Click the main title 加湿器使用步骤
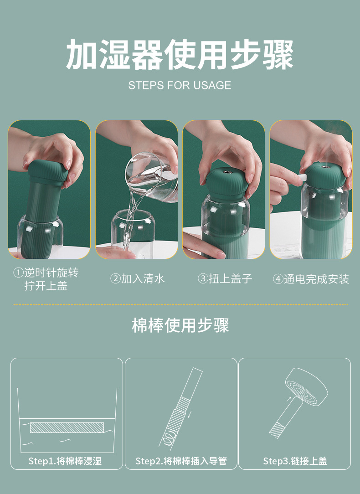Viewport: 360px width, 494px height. pos(180,55)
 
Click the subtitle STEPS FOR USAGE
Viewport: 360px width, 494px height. pos(180,85)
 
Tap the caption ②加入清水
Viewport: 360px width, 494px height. pos(137,278)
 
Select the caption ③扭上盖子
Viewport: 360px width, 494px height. pos(225,278)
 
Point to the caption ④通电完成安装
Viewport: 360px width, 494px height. pos(311,279)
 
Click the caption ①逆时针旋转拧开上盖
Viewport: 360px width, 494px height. pos(46,279)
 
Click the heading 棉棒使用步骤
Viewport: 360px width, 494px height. pos(180,325)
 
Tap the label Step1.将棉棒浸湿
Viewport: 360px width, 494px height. pos(65,461)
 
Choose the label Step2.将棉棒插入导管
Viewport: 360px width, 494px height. pos(181,461)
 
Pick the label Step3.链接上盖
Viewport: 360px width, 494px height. pos(295,461)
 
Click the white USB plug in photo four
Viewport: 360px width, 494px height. pos(303,178)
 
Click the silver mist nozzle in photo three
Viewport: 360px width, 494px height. pos(226,172)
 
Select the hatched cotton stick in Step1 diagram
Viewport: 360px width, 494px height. pos(67,427)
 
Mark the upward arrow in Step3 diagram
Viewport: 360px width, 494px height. pos(289,398)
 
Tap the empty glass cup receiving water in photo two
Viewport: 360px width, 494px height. pos(133,230)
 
